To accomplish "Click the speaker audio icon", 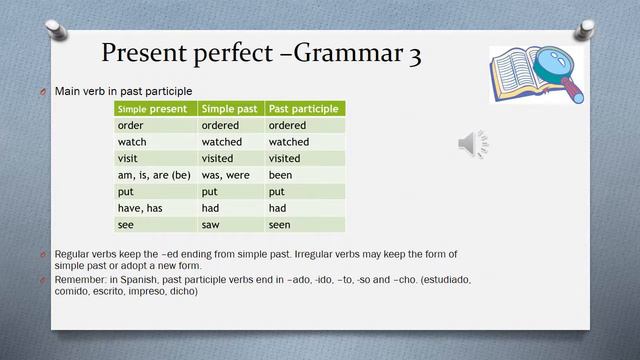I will [473, 144].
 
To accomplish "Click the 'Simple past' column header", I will [231, 109].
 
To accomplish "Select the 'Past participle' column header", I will [305, 109].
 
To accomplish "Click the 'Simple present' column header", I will [155, 109].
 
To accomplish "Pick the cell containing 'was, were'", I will [231, 175].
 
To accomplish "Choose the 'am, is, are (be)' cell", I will [155, 175].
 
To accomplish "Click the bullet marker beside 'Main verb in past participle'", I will [44, 91].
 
